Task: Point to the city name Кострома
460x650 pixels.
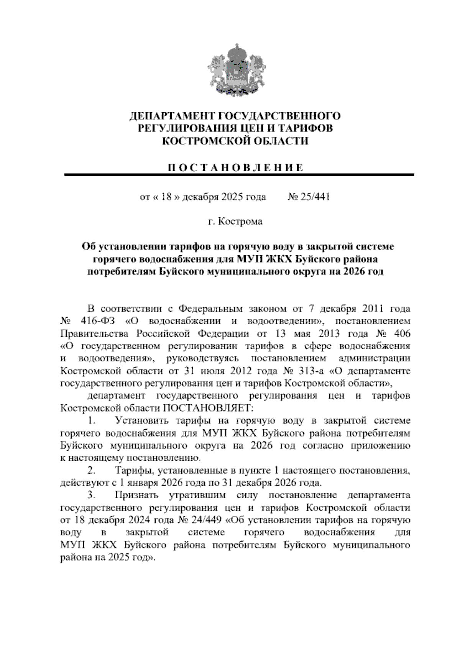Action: (x=240, y=222)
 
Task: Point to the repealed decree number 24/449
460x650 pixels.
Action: (x=207, y=520)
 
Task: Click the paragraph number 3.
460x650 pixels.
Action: (x=91, y=495)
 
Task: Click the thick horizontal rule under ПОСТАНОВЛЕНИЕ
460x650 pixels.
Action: (x=239, y=175)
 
